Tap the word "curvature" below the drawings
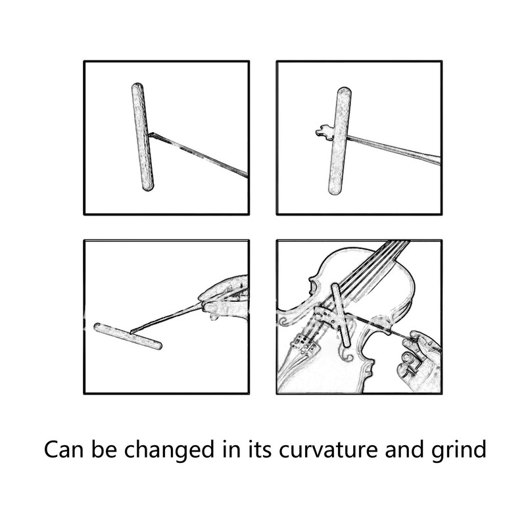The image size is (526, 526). [x=334, y=451]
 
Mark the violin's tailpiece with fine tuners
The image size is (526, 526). [x=304, y=342]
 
